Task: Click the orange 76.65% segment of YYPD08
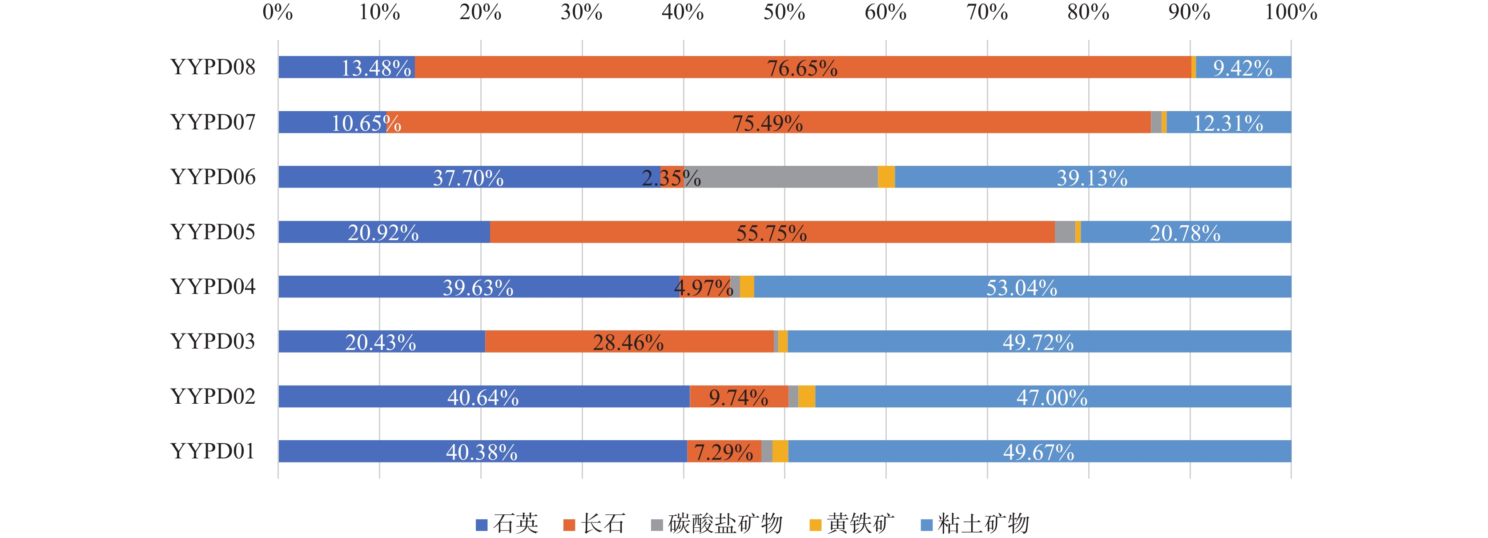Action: tap(803, 68)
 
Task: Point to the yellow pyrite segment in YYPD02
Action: tap(806, 397)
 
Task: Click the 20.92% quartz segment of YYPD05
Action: tap(383, 232)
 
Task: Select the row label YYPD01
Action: tap(213, 451)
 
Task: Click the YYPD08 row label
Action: tap(213, 68)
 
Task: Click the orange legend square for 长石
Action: tap(569, 525)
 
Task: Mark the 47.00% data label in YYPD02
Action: tap(1052, 397)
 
